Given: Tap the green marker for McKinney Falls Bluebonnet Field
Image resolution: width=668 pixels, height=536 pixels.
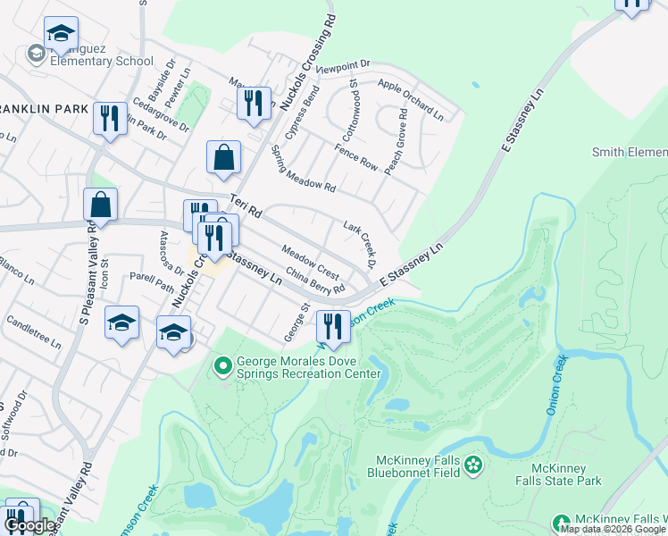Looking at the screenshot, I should click(472, 465).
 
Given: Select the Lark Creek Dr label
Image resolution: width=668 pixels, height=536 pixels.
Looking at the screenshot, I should click(359, 243).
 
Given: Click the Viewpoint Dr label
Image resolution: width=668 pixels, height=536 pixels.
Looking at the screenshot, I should click(342, 67).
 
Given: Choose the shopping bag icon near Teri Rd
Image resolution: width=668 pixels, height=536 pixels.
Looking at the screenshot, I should click(223, 158).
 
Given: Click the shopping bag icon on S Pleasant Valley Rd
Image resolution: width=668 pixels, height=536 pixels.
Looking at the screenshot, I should click(101, 205).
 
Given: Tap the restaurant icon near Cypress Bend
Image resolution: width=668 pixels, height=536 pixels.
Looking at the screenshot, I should click(255, 103).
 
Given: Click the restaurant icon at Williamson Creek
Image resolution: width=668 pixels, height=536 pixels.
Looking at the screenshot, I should click(333, 327).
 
